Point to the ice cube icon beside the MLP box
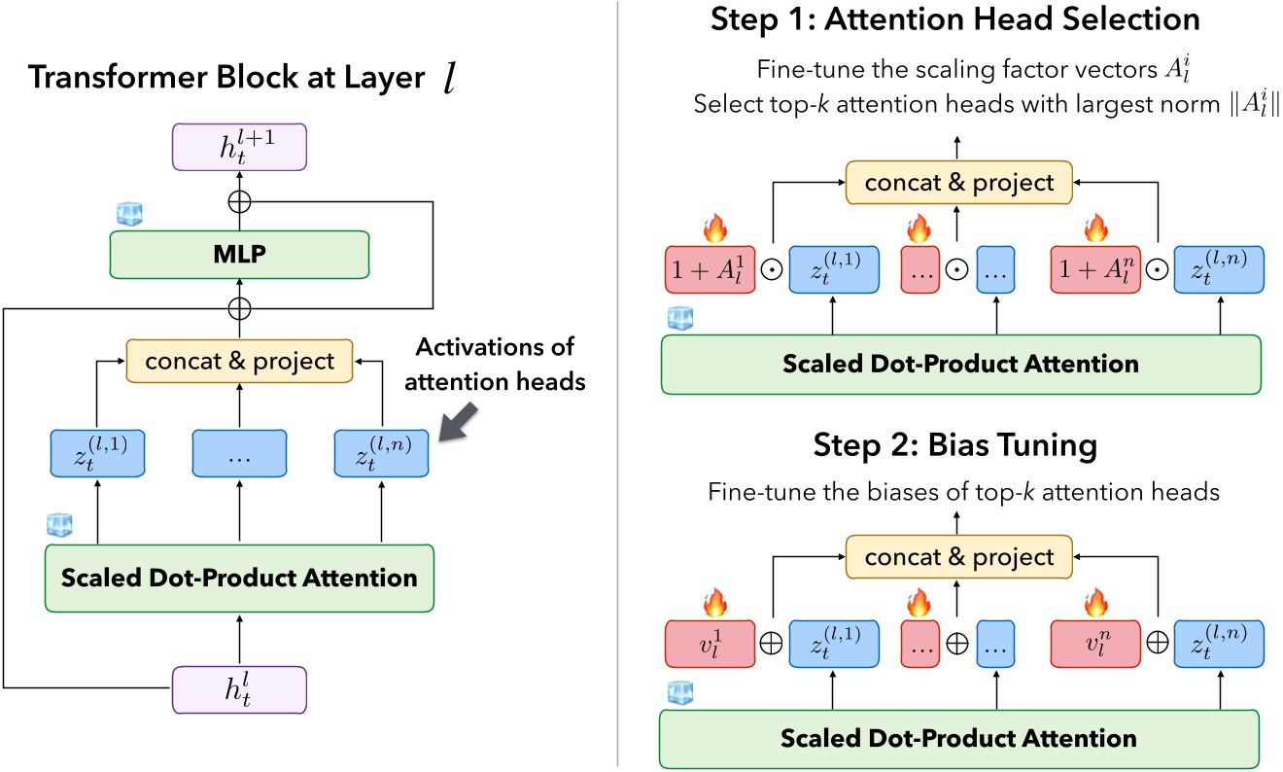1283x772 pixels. [x=128, y=215]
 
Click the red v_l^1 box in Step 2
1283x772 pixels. [x=710, y=643]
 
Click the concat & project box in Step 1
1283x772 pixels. [x=959, y=181]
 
